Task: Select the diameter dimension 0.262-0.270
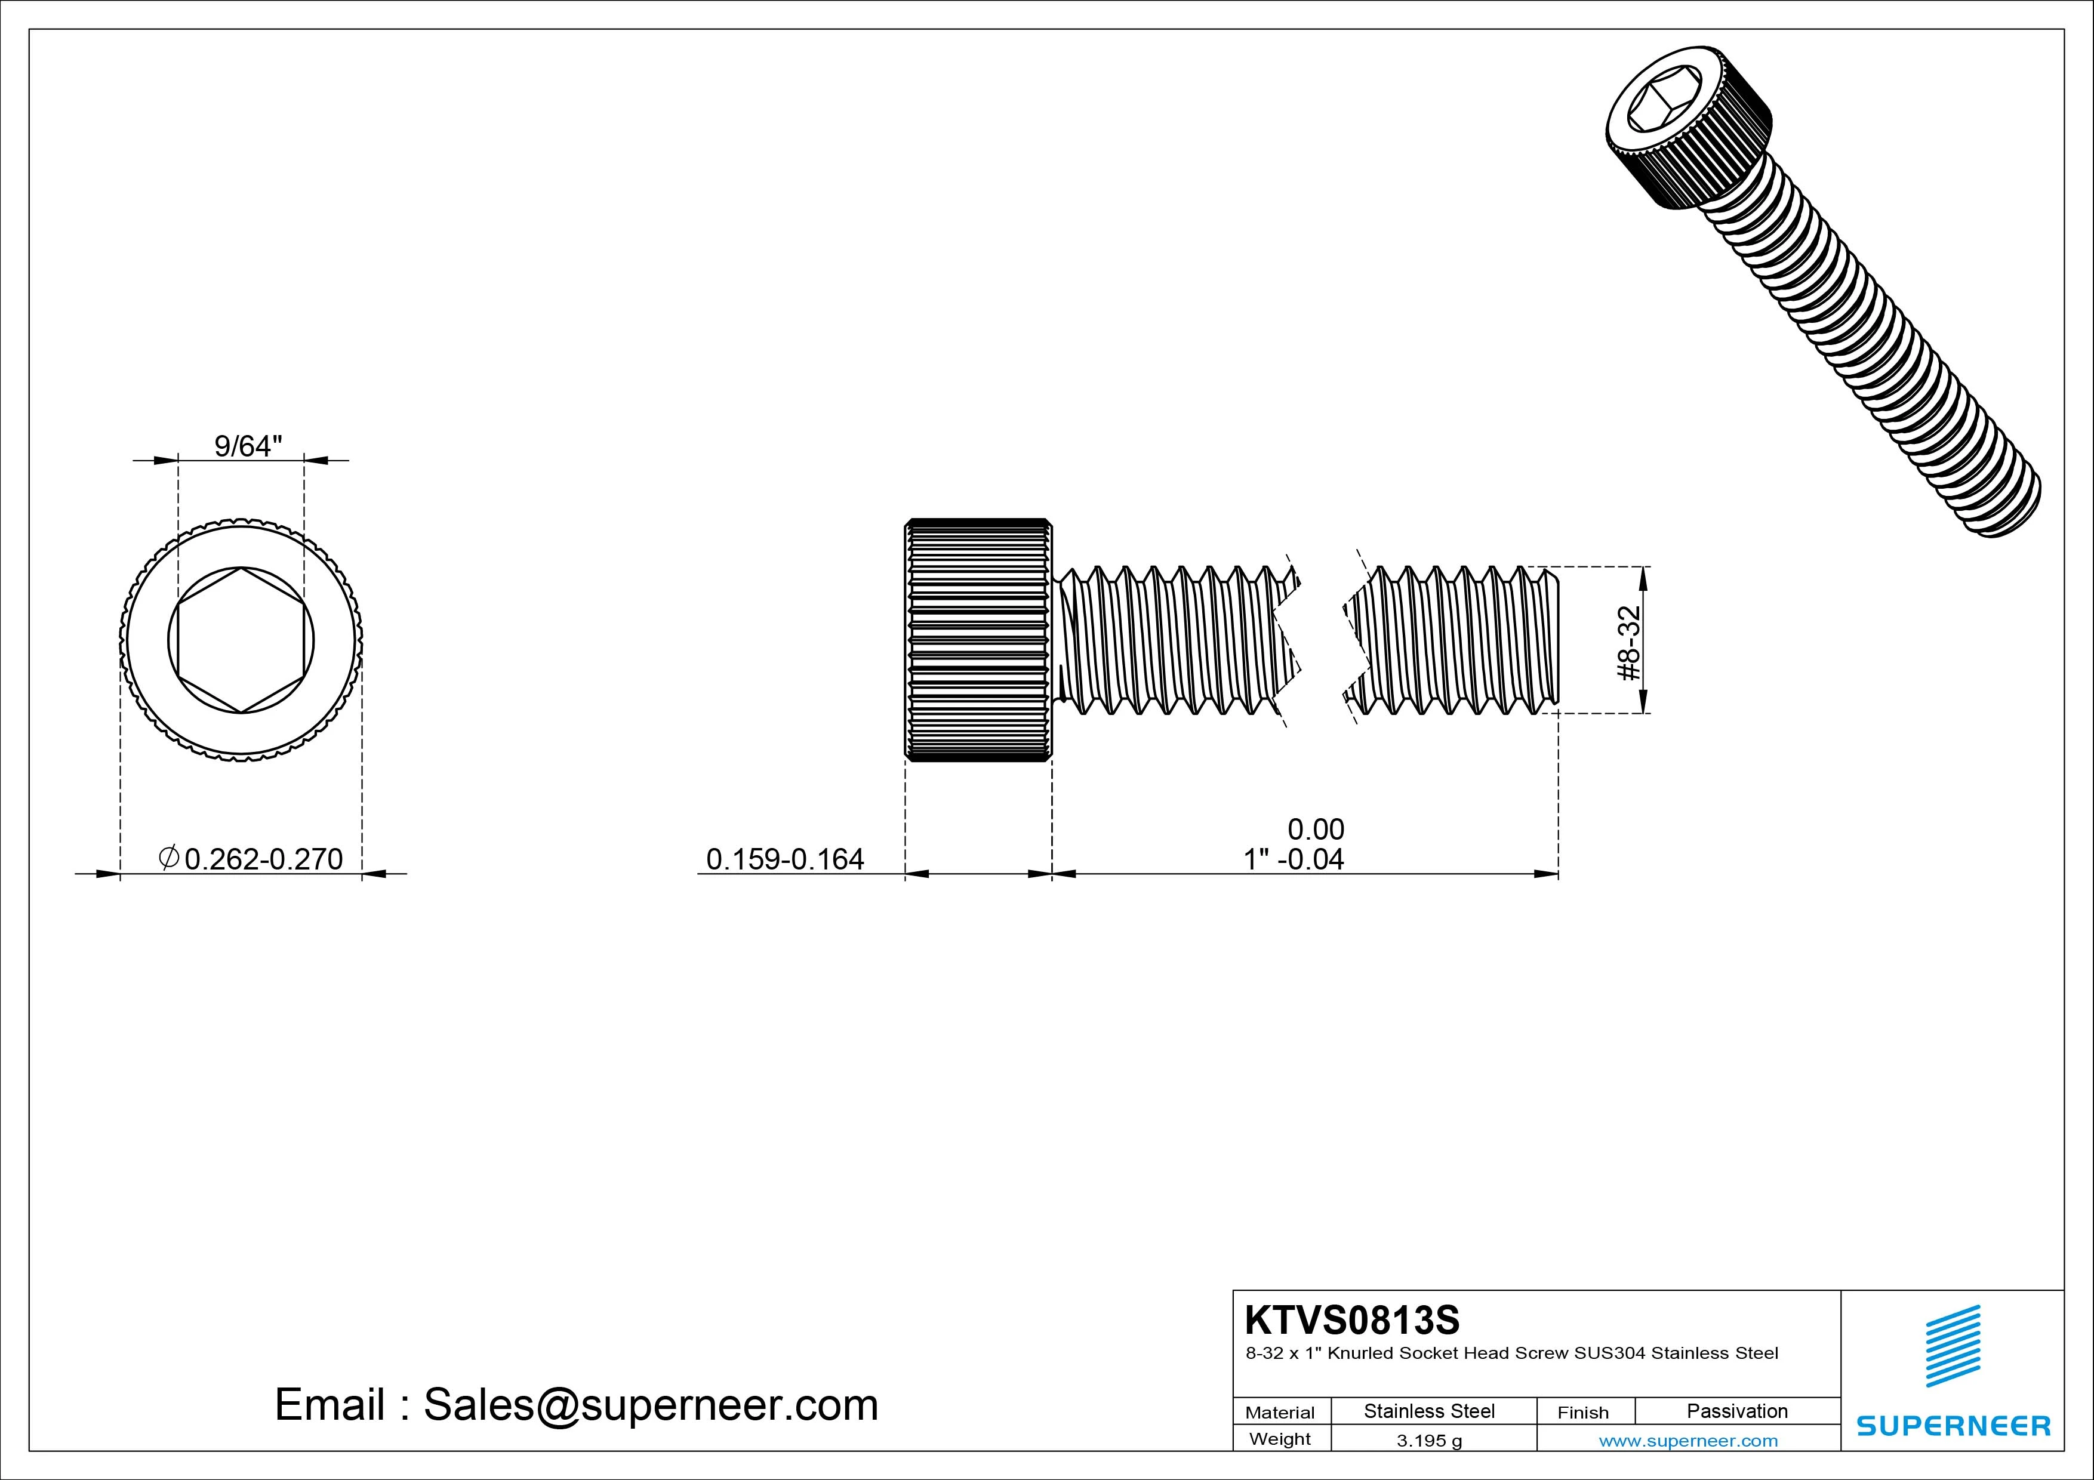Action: [x=264, y=859]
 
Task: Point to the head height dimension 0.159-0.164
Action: [x=784, y=859]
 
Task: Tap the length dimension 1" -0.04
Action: [x=1294, y=859]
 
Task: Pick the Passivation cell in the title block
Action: [x=1736, y=1411]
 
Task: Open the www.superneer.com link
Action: [x=1688, y=1441]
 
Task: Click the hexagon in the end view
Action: [x=241, y=641]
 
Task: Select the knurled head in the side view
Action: [x=978, y=640]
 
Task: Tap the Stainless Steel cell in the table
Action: [x=1429, y=1411]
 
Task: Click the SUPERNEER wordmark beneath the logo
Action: [x=1954, y=1425]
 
